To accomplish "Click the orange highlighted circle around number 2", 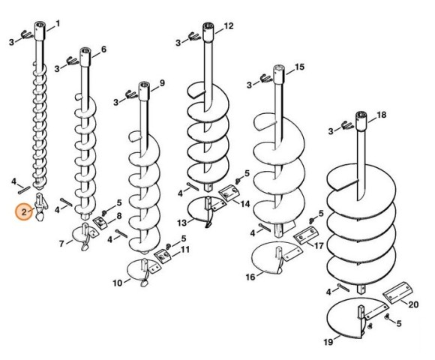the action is click(24, 212).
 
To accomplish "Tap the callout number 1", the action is click(58, 23).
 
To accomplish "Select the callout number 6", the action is click(103, 49).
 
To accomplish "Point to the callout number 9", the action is click(162, 83).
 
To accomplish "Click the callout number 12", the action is click(229, 26).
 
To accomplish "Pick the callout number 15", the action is click(299, 67).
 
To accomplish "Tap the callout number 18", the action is click(382, 115).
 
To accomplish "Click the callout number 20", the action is click(413, 304).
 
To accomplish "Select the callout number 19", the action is click(328, 342).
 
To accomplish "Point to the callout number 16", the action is click(250, 277).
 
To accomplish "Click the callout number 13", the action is click(182, 223).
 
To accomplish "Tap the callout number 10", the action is click(117, 283).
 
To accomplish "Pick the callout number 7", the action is click(61, 244).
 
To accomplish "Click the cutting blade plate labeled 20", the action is click(397, 292).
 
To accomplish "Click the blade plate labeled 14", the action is click(229, 193).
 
